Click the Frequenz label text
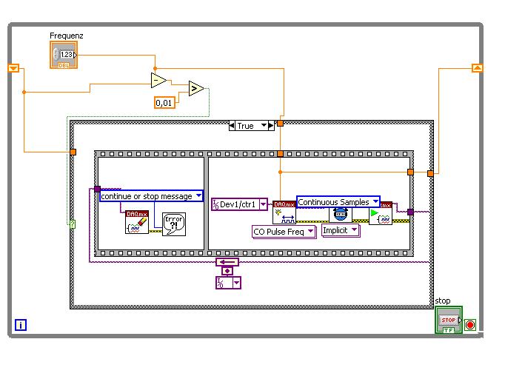[66, 36]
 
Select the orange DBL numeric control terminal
[64, 55]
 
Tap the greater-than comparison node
[196, 89]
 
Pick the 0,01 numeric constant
[165, 103]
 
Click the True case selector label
[246, 126]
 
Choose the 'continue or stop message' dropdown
[151, 196]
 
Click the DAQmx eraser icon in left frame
[137, 222]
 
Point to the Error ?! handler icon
[173, 223]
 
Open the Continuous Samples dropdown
[338, 202]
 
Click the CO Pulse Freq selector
[284, 231]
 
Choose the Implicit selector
[341, 230]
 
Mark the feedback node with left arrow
[227, 262]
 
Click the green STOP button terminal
[448, 321]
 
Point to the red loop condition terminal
[470, 325]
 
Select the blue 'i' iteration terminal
[21, 324]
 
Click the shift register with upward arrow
[477, 68]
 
